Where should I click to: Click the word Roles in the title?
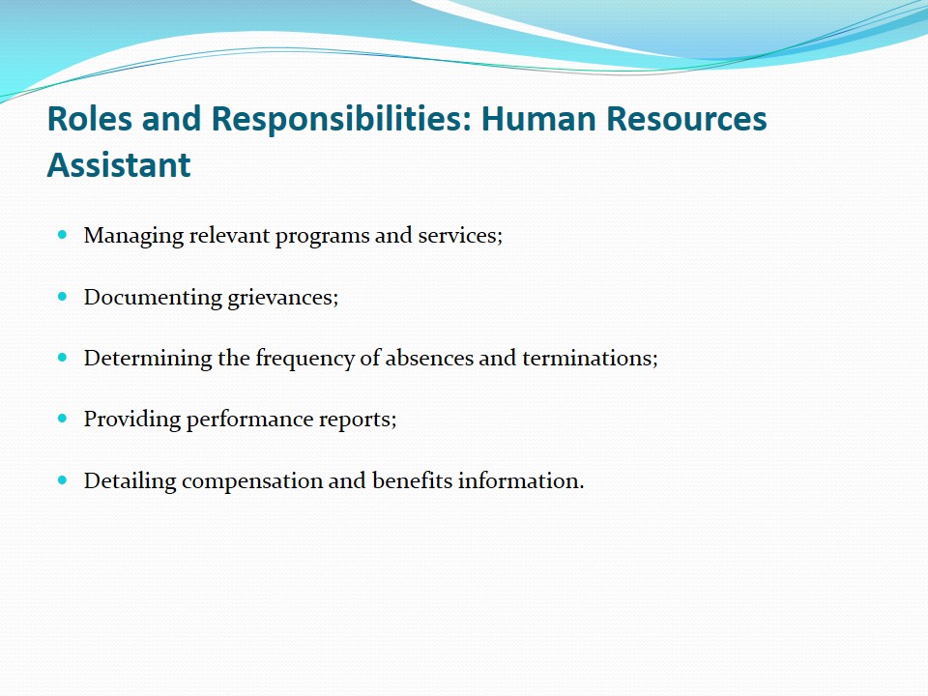click(x=89, y=118)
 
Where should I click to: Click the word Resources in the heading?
click(x=686, y=118)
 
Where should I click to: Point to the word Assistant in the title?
click(x=119, y=164)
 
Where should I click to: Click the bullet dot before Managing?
click(x=63, y=235)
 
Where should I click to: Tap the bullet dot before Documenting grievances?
click(x=63, y=297)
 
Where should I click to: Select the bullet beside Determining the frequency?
click(x=63, y=358)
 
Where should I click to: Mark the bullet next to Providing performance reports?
click(x=63, y=419)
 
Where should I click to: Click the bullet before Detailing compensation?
click(x=63, y=480)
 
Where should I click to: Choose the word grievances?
click(x=283, y=298)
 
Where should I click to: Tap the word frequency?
click(x=304, y=359)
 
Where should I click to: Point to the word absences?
click(x=429, y=358)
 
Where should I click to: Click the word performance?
click(x=249, y=420)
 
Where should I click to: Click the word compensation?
click(x=252, y=481)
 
